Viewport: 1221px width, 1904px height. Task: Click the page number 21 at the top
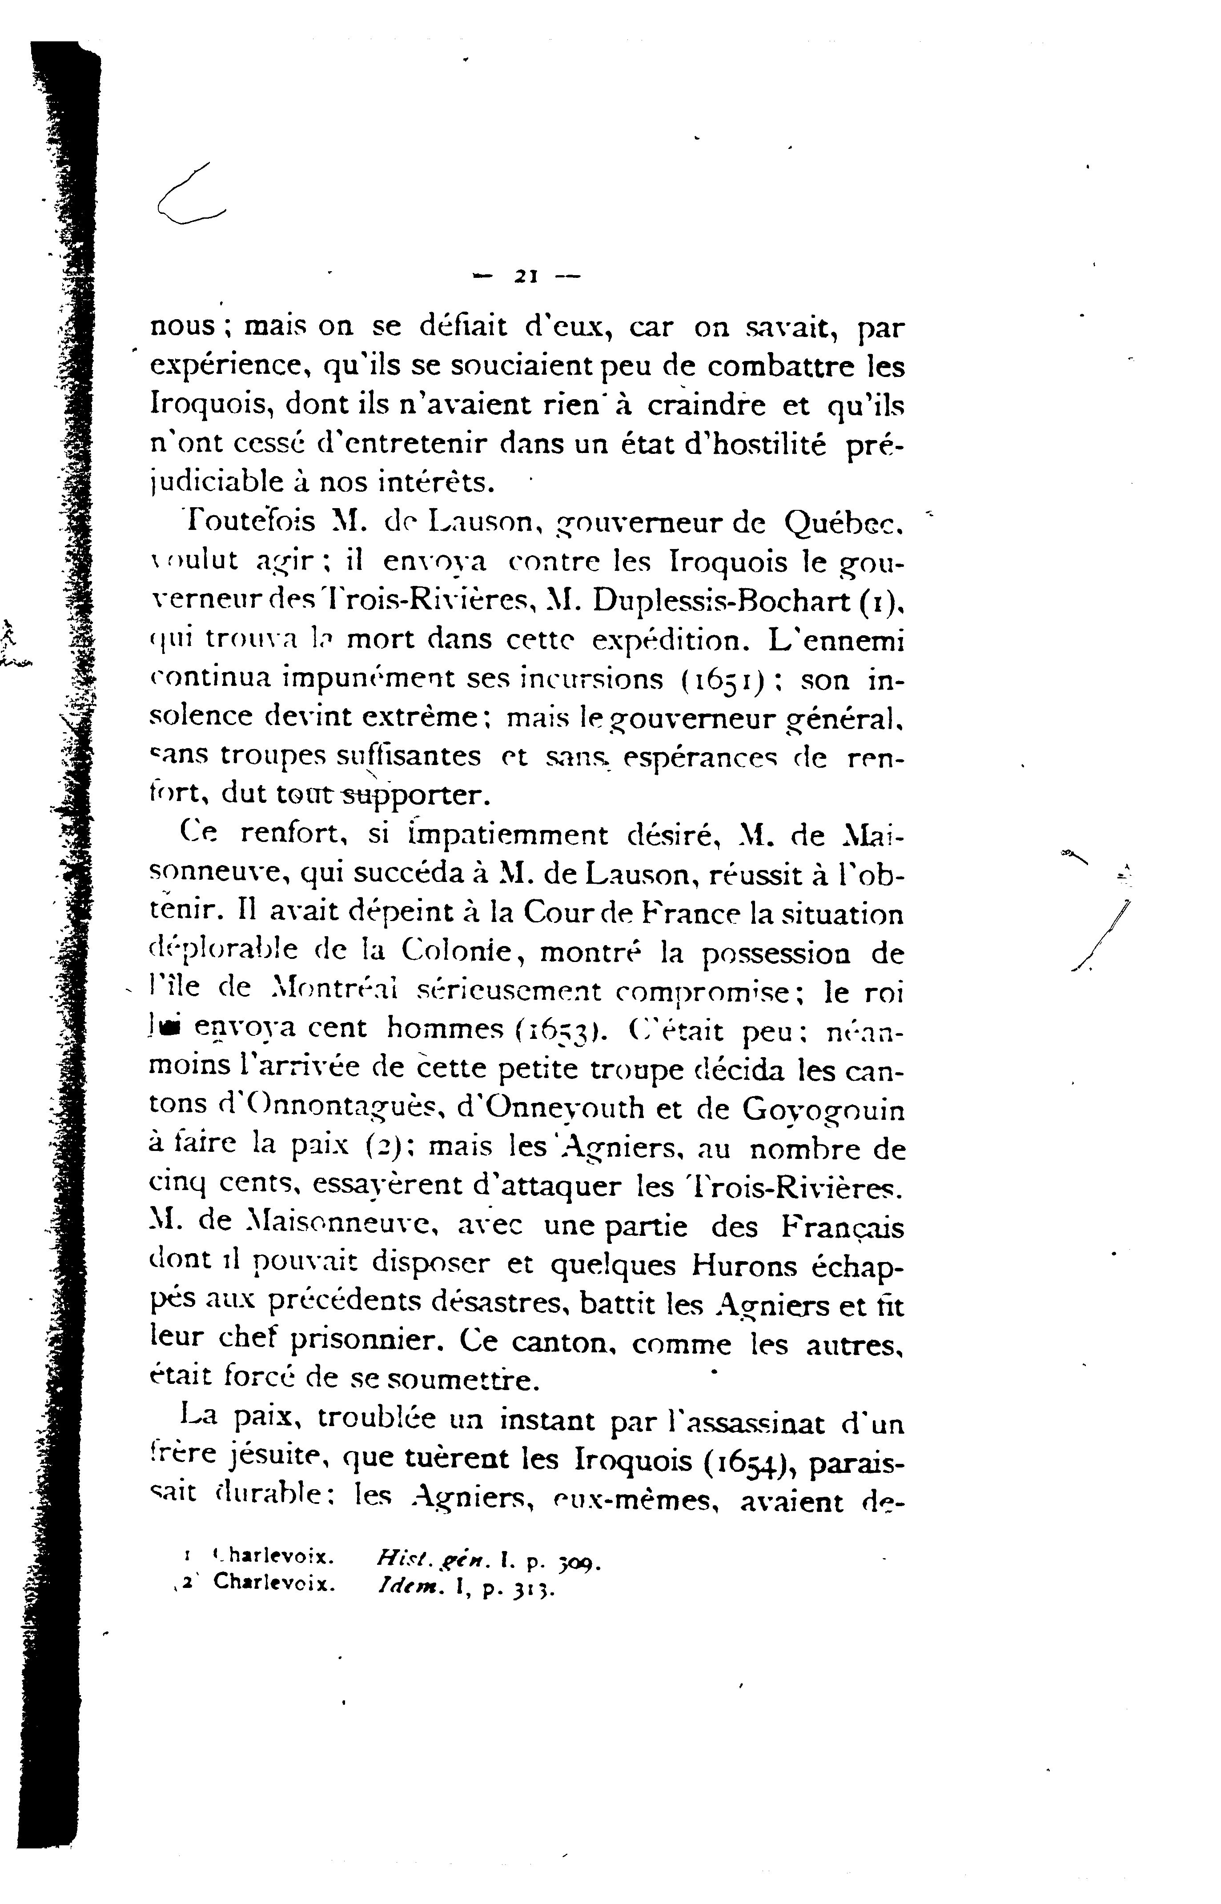526,277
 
